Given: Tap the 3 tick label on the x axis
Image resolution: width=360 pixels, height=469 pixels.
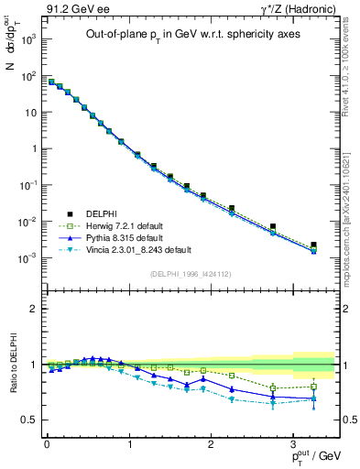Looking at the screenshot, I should [292, 445].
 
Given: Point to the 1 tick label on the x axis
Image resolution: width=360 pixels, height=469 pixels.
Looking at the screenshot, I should [128, 445].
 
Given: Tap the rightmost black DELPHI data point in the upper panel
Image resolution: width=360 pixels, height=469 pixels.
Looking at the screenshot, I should [313, 245].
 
